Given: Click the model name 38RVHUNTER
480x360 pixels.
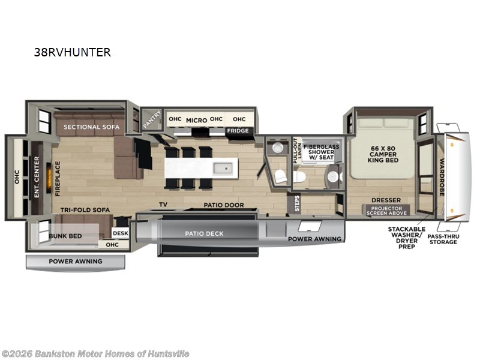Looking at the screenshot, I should [x=73, y=52].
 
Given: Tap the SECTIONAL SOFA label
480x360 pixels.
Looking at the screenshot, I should [x=91, y=127].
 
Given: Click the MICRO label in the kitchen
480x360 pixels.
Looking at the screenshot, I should [x=196, y=120].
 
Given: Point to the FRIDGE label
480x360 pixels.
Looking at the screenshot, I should [x=237, y=130].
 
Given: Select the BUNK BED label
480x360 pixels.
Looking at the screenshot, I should [x=65, y=236].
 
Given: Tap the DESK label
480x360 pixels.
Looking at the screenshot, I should [x=120, y=233].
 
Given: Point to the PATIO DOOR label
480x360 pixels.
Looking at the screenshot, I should [x=223, y=205].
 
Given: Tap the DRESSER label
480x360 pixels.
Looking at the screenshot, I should [x=382, y=201].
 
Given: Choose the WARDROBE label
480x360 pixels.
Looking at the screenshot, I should [x=442, y=177].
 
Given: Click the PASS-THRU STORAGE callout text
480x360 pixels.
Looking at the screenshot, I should [x=443, y=239].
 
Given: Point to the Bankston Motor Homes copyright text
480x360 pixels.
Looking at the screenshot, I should [x=96, y=353].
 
